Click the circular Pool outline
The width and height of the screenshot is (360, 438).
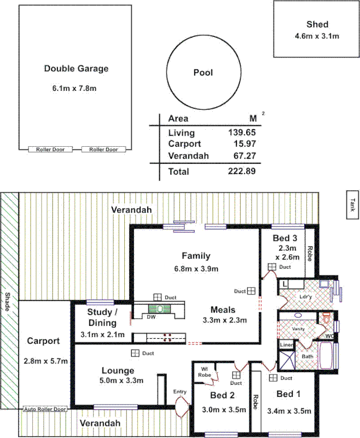click(x=203, y=73)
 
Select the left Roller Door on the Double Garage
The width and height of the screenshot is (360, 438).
click(x=50, y=149)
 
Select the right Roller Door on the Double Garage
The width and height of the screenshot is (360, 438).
click(x=103, y=149)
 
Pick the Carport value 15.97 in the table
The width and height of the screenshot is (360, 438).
click(x=245, y=145)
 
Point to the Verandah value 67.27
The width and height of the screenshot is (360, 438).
click(x=245, y=156)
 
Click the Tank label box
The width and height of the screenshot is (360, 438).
click(x=352, y=204)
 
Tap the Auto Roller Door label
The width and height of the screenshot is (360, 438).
click(x=45, y=409)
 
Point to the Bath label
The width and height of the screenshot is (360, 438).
click(x=308, y=356)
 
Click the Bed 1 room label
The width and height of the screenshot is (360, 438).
click(x=288, y=394)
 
